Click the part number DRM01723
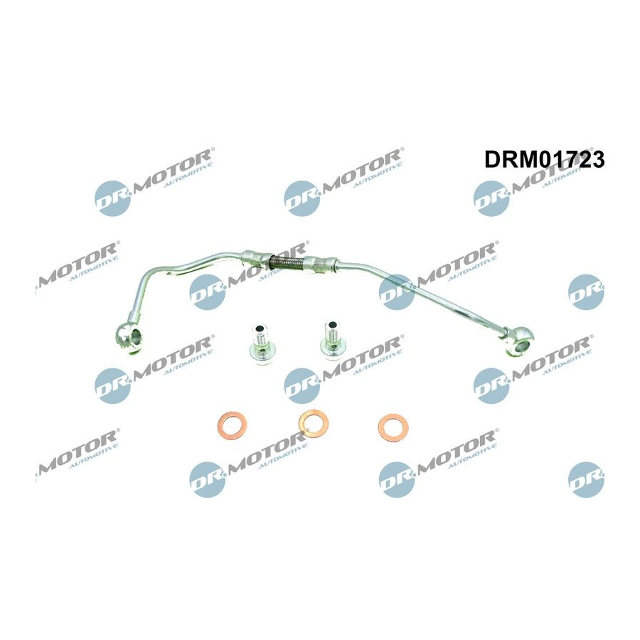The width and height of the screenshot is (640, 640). click(x=545, y=159)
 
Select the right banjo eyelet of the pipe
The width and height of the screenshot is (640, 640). click(x=519, y=343)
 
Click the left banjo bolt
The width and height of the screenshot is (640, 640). click(x=261, y=343)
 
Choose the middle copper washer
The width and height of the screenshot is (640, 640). click(x=314, y=423)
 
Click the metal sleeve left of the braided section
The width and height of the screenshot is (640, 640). click(x=255, y=258)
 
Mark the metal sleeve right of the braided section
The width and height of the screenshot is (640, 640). click(x=322, y=264)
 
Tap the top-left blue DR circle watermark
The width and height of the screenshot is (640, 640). click(x=112, y=198)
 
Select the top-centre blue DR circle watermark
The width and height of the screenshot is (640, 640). click(x=302, y=198)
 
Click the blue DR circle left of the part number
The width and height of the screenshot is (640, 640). click(x=491, y=198)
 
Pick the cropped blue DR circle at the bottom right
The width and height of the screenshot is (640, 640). click(x=586, y=479)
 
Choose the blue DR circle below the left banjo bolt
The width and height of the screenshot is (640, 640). click(x=302, y=385)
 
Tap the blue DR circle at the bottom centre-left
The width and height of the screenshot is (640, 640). click(x=208, y=479)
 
